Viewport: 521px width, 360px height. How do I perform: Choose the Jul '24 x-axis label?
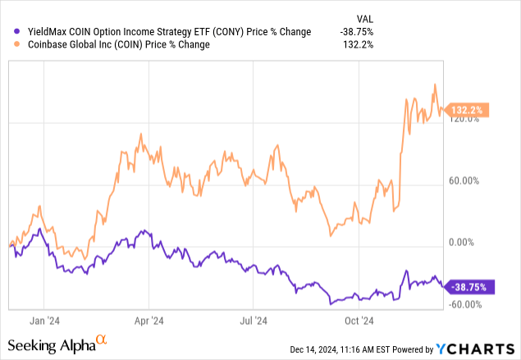(253, 321)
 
